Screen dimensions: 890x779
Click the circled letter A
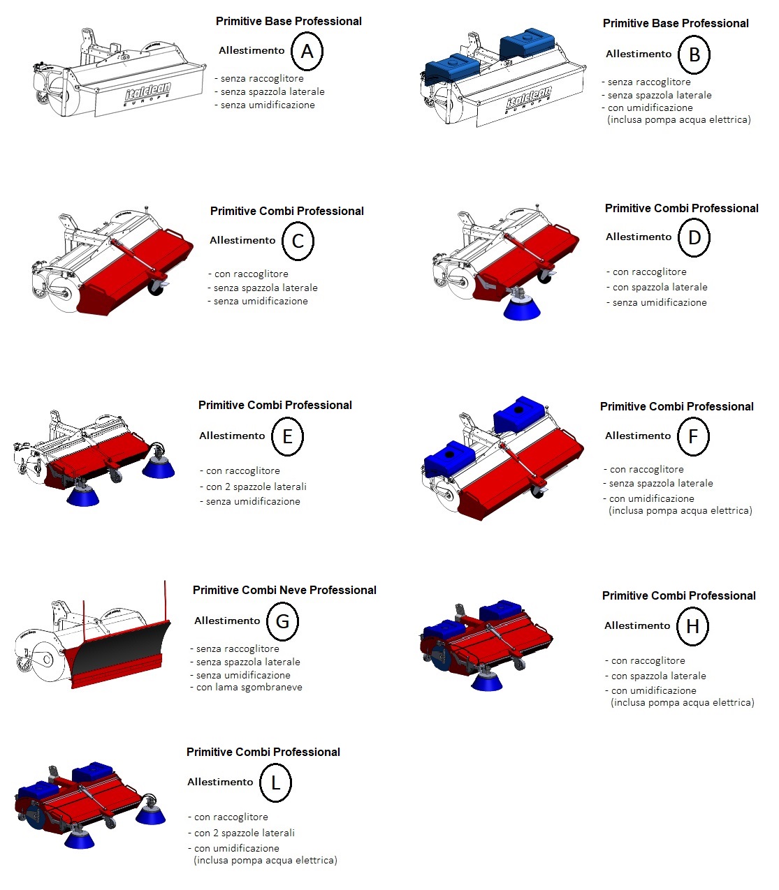point(307,52)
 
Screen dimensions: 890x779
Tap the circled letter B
point(694,55)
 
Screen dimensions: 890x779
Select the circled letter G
point(282,621)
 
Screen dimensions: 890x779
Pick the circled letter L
point(275,783)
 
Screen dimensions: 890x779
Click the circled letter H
point(692,626)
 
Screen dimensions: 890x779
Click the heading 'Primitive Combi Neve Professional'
point(284,591)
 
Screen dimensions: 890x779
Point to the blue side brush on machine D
point(521,308)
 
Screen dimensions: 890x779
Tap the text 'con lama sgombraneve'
point(249,688)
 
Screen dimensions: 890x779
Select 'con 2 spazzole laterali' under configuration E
point(256,487)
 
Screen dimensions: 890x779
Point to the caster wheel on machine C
point(156,287)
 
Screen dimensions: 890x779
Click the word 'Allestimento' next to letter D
point(639,237)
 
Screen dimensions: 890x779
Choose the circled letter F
point(693,436)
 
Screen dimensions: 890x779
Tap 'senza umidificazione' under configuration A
point(268,105)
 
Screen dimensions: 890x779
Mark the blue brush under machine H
point(486,681)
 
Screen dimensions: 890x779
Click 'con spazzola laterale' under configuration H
point(658,676)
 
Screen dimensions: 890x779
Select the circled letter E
point(287,436)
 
